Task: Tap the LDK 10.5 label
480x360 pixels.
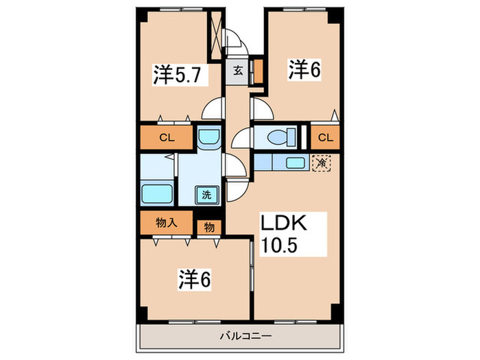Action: point(285,235)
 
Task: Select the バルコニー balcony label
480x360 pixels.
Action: point(245,336)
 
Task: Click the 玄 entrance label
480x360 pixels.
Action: point(236,70)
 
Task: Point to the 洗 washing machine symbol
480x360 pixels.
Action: point(206,194)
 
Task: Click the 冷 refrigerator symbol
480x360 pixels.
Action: point(321,163)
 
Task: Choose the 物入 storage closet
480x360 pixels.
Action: point(166,223)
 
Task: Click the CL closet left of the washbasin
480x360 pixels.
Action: point(167,138)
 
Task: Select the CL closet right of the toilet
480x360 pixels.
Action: point(325,138)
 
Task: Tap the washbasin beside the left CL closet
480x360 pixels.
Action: point(208,137)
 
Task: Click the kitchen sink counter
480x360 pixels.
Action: point(287,163)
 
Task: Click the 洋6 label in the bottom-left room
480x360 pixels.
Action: point(195,279)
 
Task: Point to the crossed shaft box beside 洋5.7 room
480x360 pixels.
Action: point(217,35)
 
